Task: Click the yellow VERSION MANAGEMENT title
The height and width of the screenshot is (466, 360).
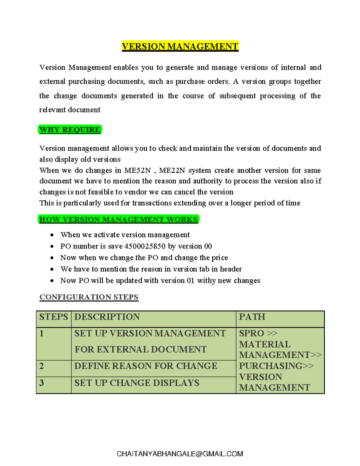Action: (x=180, y=47)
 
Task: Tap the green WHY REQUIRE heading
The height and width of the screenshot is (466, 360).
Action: (x=70, y=130)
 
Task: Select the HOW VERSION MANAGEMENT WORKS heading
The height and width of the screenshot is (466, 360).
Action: (x=118, y=219)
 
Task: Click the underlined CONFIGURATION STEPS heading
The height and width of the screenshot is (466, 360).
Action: (x=89, y=297)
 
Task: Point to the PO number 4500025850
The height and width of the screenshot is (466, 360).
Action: (x=145, y=246)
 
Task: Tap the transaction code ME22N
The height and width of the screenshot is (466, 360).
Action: (x=172, y=170)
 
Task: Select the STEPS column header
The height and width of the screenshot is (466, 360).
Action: (x=53, y=317)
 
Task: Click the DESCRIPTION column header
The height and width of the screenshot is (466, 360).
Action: (x=107, y=317)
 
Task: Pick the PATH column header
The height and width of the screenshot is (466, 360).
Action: (x=252, y=317)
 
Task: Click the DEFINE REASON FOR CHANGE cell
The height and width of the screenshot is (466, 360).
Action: (x=146, y=366)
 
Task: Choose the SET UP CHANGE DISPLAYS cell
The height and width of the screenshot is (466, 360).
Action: (x=137, y=383)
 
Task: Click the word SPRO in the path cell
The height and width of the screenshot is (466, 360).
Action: (x=251, y=333)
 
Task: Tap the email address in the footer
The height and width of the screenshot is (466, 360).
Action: (x=180, y=454)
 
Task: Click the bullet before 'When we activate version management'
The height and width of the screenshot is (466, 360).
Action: (x=52, y=235)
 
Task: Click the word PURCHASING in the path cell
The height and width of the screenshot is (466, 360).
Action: (x=271, y=366)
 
